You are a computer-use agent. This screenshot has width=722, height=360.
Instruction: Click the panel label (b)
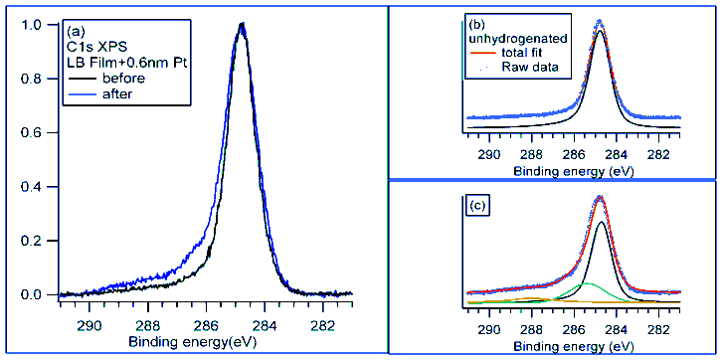click(476, 23)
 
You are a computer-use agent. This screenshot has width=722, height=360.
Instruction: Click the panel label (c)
click(477, 206)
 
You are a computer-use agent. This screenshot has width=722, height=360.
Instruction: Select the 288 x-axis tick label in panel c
click(532, 328)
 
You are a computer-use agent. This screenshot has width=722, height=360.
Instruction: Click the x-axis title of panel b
click(575, 170)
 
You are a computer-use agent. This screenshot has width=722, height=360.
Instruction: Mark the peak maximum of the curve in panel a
click(241, 25)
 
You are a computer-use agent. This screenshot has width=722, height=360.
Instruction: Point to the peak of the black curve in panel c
click(601, 223)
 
